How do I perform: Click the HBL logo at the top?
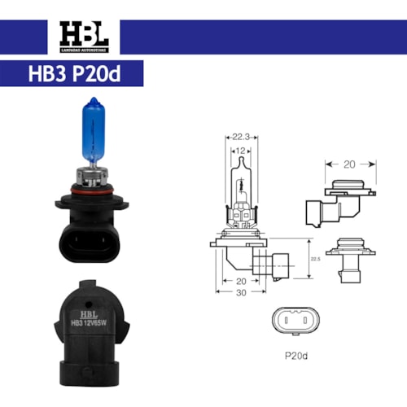click(82, 37)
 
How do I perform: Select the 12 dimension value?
click(240, 151)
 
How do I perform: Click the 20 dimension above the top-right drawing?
click(349, 164)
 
